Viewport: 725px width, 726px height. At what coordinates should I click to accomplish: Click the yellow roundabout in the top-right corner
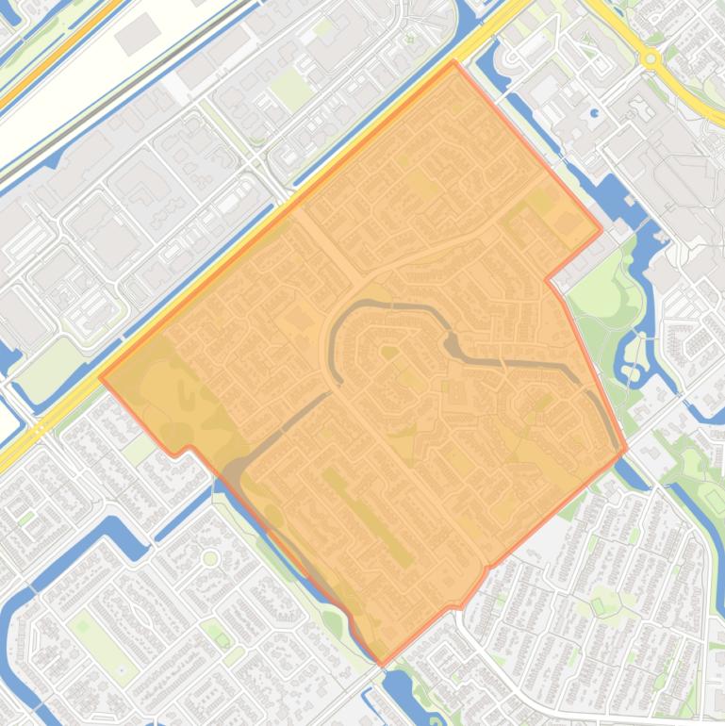tap(651, 58)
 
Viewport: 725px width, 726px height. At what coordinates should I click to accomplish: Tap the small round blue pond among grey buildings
tap(595, 113)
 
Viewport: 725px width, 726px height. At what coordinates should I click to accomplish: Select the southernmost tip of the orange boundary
tap(382, 664)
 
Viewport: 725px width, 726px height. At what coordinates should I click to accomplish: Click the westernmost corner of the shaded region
tap(100, 376)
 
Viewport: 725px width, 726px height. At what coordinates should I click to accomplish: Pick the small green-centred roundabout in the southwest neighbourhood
tap(210, 558)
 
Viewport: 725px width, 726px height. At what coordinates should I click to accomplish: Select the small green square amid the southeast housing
tap(598, 603)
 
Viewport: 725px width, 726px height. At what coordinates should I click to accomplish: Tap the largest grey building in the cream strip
tap(138, 33)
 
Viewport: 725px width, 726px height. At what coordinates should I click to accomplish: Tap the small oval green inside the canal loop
tap(387, 353)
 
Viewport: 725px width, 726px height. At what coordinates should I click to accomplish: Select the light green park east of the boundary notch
tap(603, 283)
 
